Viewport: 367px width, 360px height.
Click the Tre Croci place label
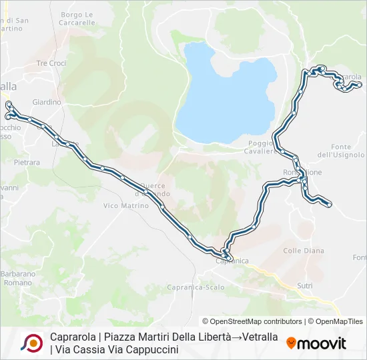[51, 63]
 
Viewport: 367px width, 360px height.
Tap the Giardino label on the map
[47, 102]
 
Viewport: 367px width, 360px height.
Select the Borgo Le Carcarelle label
[78, 18]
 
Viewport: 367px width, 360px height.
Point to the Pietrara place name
[27, 162]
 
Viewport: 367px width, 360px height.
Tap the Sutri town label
[305, 285]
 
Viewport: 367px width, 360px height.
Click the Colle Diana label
[304, 251]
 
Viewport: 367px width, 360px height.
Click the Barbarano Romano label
[17, 278]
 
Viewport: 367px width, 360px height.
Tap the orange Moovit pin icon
[291, 343]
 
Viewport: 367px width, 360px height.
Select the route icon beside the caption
[32, 343]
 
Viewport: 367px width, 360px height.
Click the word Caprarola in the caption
[73, 337]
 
